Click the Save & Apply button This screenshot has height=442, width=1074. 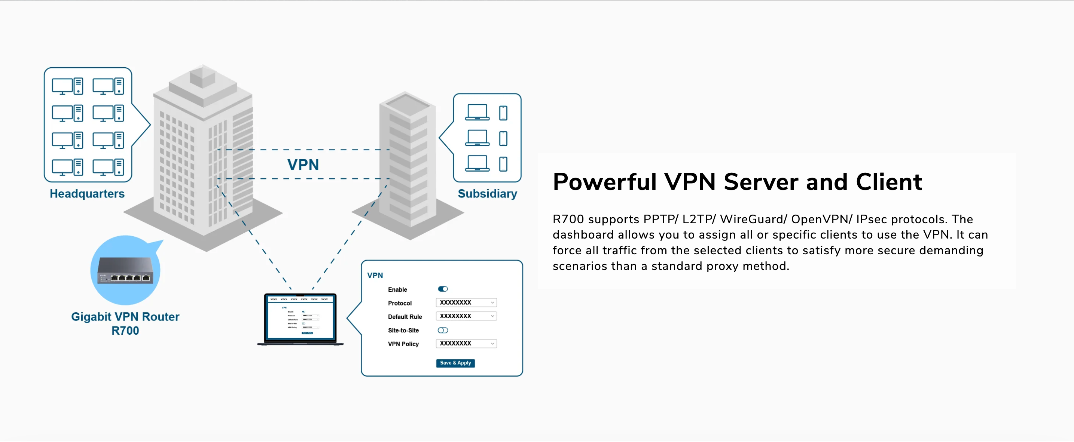(x=455, y=363)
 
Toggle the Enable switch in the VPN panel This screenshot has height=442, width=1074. (x=443, y=289)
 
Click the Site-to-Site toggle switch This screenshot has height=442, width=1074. (x=443, y=330)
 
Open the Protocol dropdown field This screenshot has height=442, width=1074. (x=466, y=303)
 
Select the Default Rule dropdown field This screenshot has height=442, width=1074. (x=466, y=316)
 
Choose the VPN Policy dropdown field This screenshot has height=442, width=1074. (x=466, y=344)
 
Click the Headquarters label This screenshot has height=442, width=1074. (x=87, y=194)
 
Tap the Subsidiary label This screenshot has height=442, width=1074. (x=487, y=194)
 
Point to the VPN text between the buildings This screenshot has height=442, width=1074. (x=303, y=165)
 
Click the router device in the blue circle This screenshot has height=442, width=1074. (x=125, y=271)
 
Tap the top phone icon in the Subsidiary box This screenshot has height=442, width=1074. (x=503, y=113)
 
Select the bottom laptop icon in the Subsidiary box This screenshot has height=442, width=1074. (x=477, y=163)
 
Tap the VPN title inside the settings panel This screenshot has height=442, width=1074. (x=375, y=275)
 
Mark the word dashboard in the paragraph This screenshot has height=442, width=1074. (x=583, y=234)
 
